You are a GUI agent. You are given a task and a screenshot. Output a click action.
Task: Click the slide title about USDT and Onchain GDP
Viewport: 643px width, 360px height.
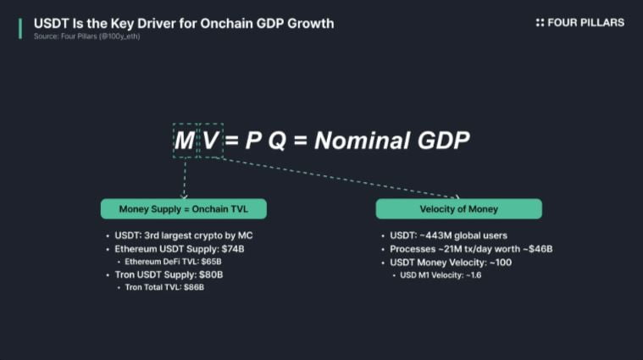coord(184,24)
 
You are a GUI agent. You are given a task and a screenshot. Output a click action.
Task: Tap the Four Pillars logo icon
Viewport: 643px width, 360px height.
coord(540,23)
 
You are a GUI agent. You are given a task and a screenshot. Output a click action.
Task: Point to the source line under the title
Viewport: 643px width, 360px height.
coord(87,36)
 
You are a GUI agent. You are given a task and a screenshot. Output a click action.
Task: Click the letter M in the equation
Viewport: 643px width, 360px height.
coord(184,141)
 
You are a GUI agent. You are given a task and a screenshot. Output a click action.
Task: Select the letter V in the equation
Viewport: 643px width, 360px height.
coord(211,141)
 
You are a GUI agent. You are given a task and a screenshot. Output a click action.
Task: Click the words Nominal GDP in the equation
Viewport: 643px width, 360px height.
coord(391,141)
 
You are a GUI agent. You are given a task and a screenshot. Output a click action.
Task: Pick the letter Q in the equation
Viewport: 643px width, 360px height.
coord(277,141)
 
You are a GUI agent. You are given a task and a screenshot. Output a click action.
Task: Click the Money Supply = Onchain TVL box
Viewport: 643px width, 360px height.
coord(184,209)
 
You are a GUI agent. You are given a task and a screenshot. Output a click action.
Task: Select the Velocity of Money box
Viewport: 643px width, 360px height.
coord(459,209)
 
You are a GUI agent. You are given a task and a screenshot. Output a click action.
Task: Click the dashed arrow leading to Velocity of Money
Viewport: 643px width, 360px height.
coord(336,177)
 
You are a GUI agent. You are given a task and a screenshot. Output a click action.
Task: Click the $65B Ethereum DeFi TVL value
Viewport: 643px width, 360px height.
coord(211,262)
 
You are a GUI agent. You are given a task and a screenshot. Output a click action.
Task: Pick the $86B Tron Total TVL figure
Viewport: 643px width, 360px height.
coord(194,287)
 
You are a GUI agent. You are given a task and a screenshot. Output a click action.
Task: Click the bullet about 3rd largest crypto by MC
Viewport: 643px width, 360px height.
coord(184,235)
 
